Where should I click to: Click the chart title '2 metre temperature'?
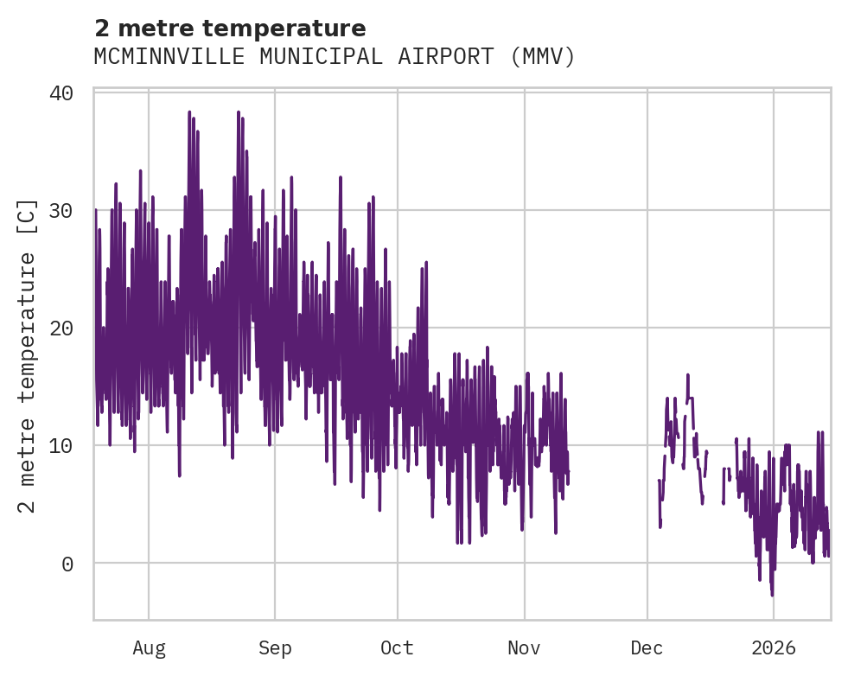[230, 29]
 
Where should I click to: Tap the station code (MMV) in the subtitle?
[542, 57]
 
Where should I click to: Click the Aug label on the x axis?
[149, 648]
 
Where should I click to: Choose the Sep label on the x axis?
[275, 648]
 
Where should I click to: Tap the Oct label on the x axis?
[397, 648]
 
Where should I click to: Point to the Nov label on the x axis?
[524, 648]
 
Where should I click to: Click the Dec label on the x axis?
[647, 648]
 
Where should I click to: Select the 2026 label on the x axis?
[774, 648]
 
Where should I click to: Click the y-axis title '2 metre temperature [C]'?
[28, 355]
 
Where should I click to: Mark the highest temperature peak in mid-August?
[189, 112]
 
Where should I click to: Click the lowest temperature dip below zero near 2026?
[772, 595]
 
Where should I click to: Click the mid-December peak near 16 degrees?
[688, 375]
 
